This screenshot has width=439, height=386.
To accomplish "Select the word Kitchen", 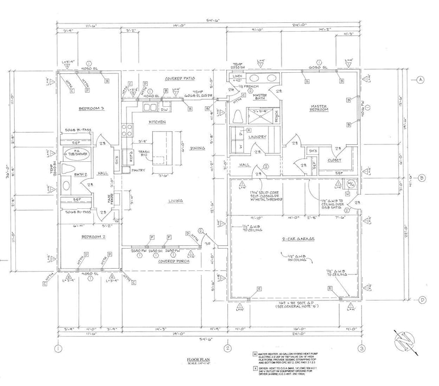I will (x=157, y=121).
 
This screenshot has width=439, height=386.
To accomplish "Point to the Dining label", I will (x=198, y=149).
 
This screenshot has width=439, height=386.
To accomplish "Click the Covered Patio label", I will (x=180, y=79).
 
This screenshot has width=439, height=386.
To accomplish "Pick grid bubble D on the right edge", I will (x=420, y=300).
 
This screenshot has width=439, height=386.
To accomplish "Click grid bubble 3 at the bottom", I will (x=363, y=348).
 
